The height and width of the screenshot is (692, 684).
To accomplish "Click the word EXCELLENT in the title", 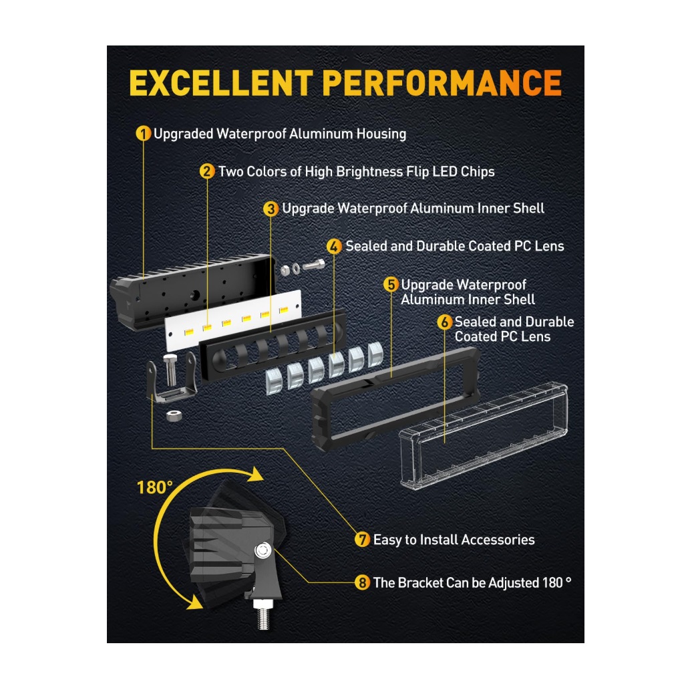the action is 221,83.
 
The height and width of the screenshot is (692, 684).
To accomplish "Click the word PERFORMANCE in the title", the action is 442,83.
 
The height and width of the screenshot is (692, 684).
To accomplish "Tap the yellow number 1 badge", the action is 144,133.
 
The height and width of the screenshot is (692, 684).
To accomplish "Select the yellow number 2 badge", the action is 207,171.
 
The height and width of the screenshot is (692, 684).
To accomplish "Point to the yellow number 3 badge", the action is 271,209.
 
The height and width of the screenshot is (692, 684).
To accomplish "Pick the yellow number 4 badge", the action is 334,246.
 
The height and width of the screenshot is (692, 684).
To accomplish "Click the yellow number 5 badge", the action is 391,285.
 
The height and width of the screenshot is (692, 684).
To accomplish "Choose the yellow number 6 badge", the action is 445,322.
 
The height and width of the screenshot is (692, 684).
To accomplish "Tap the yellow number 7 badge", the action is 362,540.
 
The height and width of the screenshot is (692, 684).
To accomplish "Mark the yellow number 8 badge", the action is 362,582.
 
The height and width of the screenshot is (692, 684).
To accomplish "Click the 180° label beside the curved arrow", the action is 154,487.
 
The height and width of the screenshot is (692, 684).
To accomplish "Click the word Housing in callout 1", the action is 381,134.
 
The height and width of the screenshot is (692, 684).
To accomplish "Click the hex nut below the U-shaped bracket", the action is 174,415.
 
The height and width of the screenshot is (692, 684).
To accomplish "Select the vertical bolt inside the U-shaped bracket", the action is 170,369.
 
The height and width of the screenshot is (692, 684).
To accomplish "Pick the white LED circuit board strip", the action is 233,320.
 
